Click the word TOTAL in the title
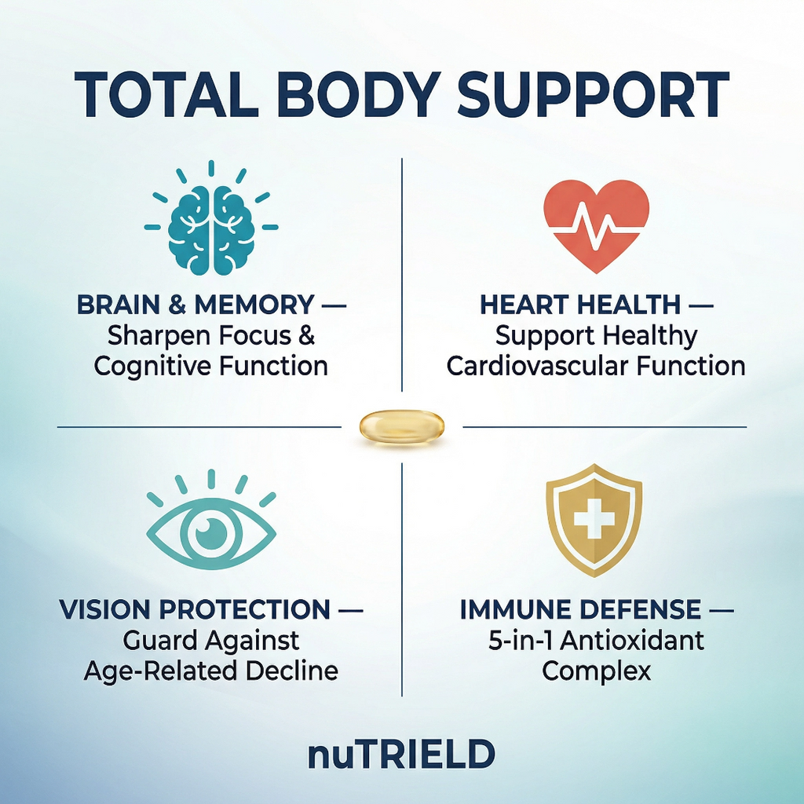click(x=166, y=95)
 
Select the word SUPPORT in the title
click(x=594, y=95)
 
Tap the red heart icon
click(x=597, y=225)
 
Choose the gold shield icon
click(x=594, y=520)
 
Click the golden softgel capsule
click(x=402, y=426)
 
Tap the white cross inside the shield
click(x=594, y=520)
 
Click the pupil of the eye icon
click(x=211, y=532)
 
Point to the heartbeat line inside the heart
click(x=597, y=227)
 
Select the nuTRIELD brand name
click(x=401, y=755)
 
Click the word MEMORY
click(x=254, y=305)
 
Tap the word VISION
click(x=104, y=609)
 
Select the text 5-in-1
click(x=521, y=641)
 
